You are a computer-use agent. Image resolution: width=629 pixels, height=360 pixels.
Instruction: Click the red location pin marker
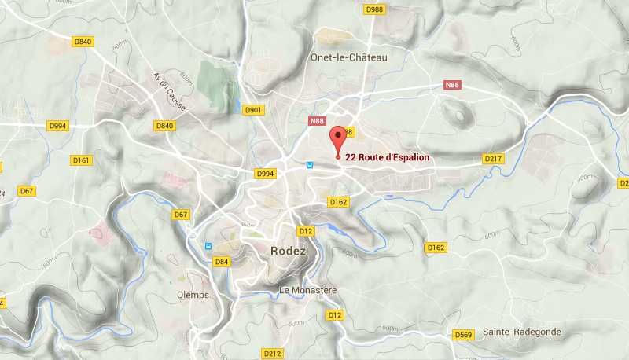(x=338, y=139)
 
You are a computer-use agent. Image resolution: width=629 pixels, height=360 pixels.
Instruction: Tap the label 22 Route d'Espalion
(x=388, y=157)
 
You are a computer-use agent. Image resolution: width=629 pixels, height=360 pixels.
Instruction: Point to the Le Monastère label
(x=308, y=290)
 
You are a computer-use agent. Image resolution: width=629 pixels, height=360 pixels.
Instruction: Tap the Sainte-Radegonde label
(x=522, y=332)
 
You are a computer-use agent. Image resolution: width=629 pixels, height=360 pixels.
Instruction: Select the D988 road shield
(x=375, y=9)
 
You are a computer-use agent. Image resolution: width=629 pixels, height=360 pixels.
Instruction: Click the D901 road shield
(x=253, y=110)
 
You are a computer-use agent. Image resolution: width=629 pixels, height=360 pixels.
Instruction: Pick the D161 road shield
(x=82, y=160)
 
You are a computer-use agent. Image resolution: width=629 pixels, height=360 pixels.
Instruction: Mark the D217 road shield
(x=493, y=159)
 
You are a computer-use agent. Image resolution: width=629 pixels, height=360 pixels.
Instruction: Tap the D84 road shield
(x=222, y=262)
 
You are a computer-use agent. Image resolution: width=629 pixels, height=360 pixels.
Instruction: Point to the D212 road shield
(x=272, y=354)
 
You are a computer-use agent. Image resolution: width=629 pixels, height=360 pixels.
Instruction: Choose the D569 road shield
(x=464, y=335)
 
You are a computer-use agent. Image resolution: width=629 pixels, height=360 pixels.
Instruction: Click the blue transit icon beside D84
(x=208, y=245)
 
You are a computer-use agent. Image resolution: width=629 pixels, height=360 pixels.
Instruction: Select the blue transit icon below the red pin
(x=310, y=165)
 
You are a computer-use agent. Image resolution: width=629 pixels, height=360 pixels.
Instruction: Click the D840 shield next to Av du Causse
(x=164, y=126)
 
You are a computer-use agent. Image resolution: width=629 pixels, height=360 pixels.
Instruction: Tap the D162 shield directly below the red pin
(x=338, y=202)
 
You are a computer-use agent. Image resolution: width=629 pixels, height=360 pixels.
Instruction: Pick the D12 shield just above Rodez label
(x=307, y=231)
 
